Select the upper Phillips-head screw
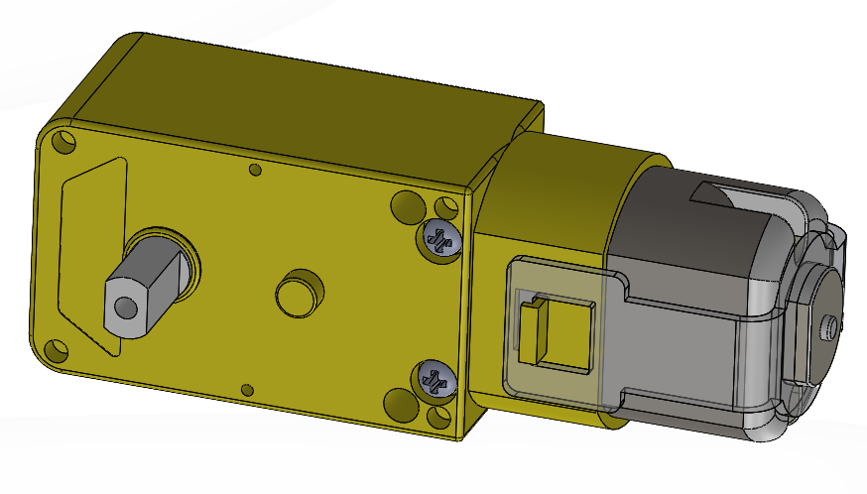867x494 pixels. pyautogui.click(x=440, y=238)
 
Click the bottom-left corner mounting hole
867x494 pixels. pyautogui.click(x=55, y=350)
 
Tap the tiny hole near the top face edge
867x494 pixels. pyautogui.click(x=255, y=171)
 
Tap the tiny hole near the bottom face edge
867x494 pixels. pyautogui.click(x=248, y=388)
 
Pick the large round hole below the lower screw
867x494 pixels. pyautogui.click(x=399, y=403)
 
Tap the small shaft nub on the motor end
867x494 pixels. pyautogui.click(x=828, y=322)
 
